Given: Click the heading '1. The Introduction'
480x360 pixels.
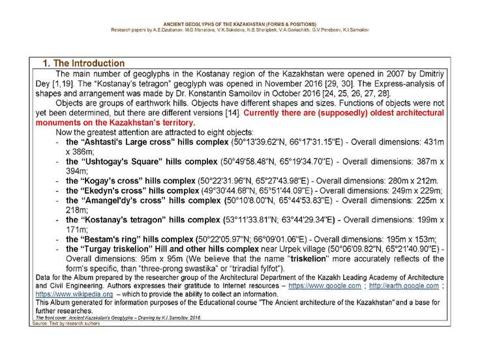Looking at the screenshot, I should coord(83,64).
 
